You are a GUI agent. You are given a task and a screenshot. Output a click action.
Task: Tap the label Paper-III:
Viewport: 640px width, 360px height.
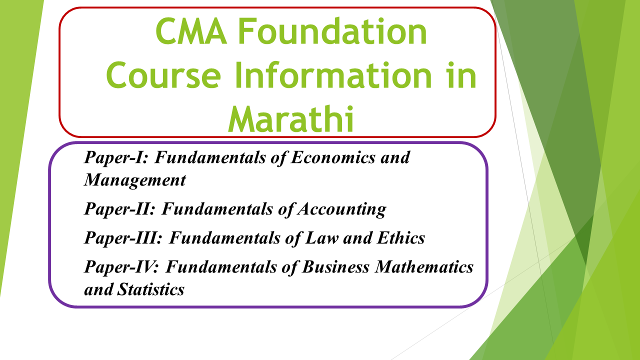123,238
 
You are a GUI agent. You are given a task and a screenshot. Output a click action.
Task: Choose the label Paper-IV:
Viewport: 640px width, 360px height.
122,267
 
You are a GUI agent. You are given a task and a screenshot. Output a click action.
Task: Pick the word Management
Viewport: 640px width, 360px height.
135,179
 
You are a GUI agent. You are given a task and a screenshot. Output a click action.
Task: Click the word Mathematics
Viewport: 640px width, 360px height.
424,267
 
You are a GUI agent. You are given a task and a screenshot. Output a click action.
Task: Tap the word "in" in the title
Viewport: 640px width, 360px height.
463,76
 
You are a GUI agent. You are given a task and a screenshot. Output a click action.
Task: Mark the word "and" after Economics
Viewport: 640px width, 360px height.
394,157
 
